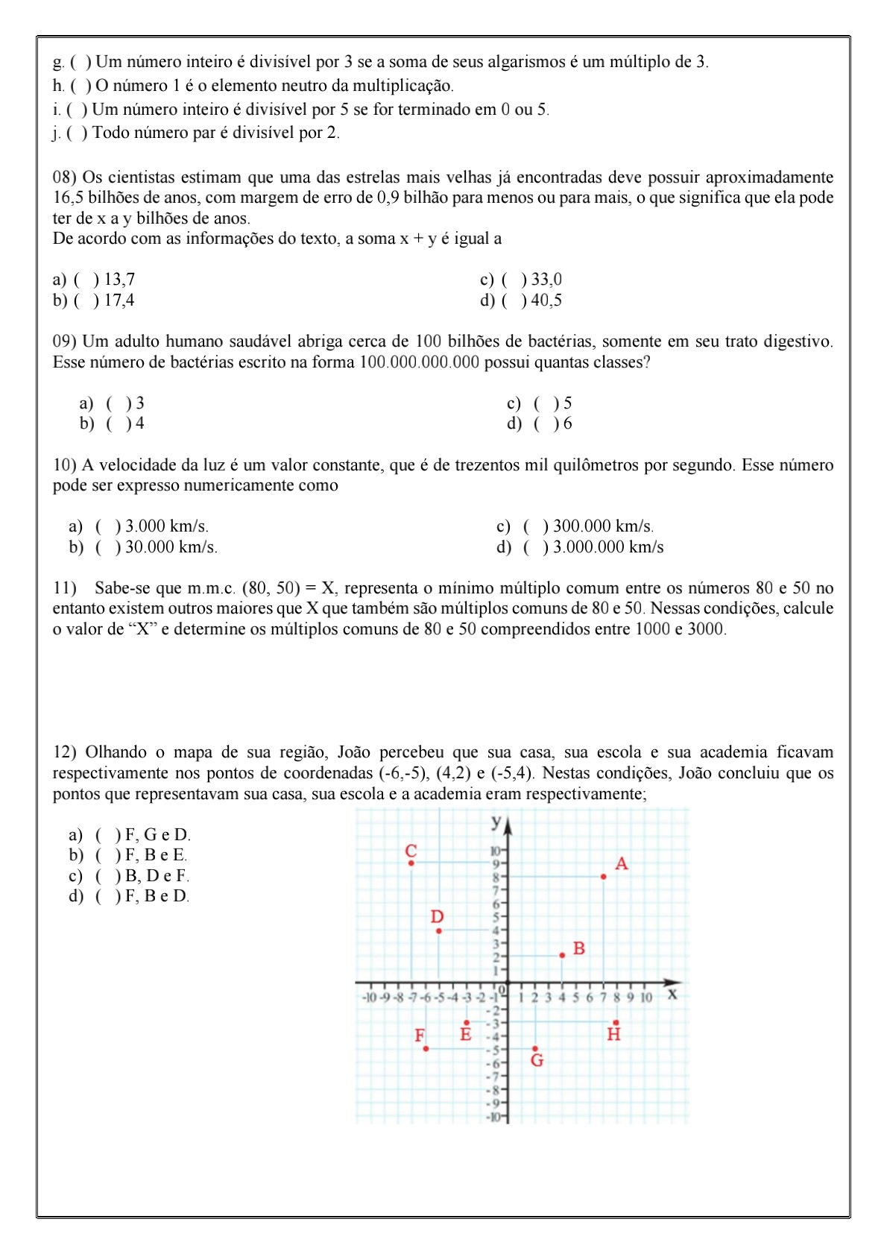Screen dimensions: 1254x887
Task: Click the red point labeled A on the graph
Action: pos(603,876)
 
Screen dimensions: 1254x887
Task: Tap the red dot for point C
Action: pos(411,863)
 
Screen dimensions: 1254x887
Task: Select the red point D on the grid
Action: pos(438,930)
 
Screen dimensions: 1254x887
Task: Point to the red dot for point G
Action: pos(534,1048)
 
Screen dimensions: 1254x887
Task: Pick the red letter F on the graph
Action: pos(420,1036)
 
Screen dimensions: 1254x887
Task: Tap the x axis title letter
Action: pos(672,994)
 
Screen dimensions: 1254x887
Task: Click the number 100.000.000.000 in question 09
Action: pos(419,362)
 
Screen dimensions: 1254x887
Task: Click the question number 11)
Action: pos(64,587)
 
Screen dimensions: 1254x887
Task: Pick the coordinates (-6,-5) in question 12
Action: pos(403,773)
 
